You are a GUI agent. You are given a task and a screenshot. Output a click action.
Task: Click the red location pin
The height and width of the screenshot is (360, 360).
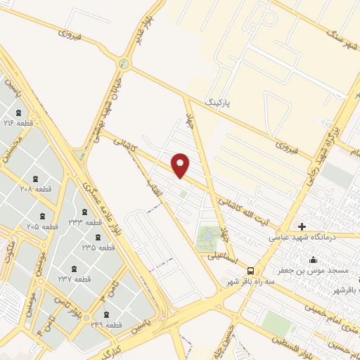point(181,165)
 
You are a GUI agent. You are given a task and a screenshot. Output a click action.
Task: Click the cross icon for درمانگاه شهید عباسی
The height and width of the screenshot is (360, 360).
point(302,226)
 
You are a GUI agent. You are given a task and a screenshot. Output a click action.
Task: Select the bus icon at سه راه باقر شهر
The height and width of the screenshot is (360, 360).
point(250,269)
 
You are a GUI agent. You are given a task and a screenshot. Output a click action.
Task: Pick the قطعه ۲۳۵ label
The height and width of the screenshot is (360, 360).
point(98,247)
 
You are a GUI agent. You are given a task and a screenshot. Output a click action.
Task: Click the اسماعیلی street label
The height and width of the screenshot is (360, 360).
point(221,257)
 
